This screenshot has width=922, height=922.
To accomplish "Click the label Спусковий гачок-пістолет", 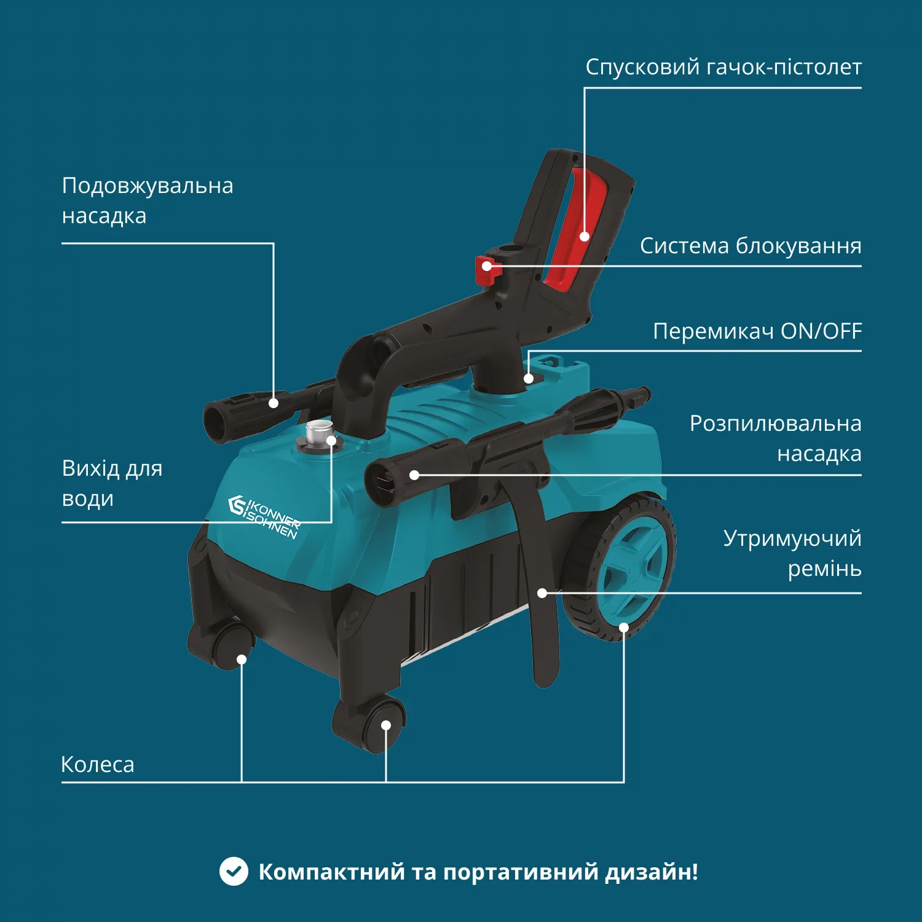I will (x=723, y=67).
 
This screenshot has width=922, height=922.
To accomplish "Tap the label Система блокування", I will (x=750, y=246).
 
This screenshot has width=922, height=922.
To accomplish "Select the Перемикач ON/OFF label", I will (x=757, y=331).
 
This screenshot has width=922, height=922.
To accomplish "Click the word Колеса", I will (x=98, y=765).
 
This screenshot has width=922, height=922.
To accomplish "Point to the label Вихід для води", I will (x=112, y=483).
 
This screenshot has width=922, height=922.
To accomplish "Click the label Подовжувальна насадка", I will (x=148, y=200).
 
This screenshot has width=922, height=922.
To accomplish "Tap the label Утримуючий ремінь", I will (x=792, y=553).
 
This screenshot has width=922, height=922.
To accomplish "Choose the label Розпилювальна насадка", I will (x=776, y=438).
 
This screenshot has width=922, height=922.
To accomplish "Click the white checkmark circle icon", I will (x=234, y=871).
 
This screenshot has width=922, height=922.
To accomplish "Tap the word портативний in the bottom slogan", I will (x=520, y=872).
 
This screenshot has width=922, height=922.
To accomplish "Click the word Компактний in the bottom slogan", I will (x=331, y=872).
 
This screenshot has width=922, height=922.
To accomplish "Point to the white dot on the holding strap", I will (x=542, y=593).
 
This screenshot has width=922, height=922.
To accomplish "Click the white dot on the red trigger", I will (x=585, y=237).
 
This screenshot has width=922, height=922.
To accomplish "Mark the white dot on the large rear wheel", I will (x=624, y=628).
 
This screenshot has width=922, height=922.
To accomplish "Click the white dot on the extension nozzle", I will (x=274, y=403).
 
